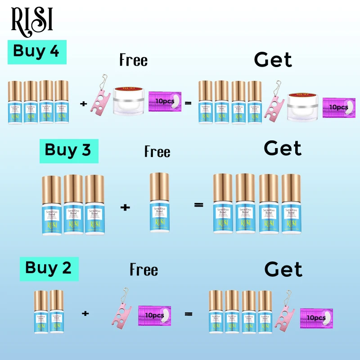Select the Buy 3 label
pyautogui.click(x=68, y=150)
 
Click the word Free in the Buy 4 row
pyautogui.click(x=133, y=60)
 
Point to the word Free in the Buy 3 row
pyautogui.click(x=157, y=152)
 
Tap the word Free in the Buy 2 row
pyautogui.click(x=144, y=270)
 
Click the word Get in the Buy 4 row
pyautogui.click(x=273, y=60)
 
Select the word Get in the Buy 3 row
pyautogui.click(x=283, y=148)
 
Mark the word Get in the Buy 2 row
pyautogui.click(x=283, y=269)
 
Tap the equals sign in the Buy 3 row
pyautogui.click(x=198, y=205)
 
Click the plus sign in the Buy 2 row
pyautogui.click(x=85, y=312)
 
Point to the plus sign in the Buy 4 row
pyautogui.click(x=83, y=103)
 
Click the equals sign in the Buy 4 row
pyautogui.click(x=188, y=103)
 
